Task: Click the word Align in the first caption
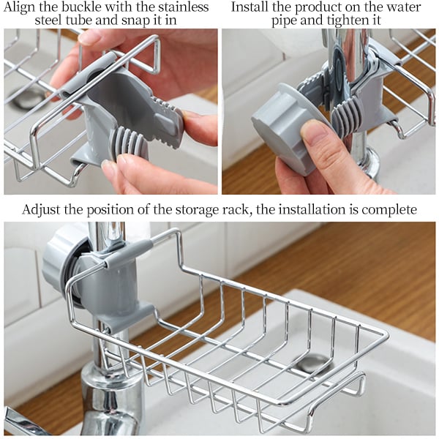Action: pyautogui.click(x=23, y=7)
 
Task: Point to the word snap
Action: pyautogui.click(x=128, y=20)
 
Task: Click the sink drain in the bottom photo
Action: pyautogui.click(x=313, y=361)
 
